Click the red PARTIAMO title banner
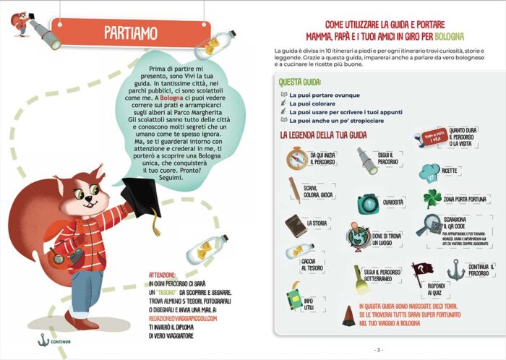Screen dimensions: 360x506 pos(130,33)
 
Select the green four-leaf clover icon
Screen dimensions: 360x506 pos(432,198)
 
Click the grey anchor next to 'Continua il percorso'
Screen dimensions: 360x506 pos(456,270)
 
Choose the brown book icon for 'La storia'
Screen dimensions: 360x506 pos(296,226)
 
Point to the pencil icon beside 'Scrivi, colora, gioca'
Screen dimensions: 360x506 pos(295,189)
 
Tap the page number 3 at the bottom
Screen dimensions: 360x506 pos(377,350)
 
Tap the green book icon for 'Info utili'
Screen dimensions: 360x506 pos(294,298)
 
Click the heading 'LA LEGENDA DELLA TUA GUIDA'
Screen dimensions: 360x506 pos(327,135)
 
